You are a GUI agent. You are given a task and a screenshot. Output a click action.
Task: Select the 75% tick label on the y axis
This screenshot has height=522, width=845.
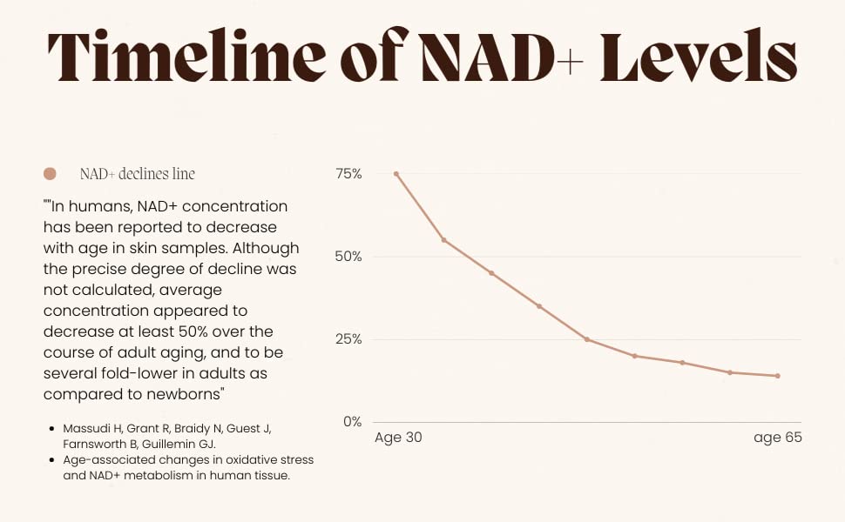click(x=348, y=174)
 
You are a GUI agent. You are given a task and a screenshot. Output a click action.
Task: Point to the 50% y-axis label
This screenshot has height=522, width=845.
click(x=348, y=257)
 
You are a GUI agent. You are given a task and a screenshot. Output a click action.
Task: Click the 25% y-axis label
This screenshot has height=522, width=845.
click(x=348, y=339)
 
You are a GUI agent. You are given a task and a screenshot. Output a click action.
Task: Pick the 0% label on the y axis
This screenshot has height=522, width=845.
click(x=352, y=422)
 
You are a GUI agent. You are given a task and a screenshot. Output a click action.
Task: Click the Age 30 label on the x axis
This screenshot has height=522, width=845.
click(x=398, y=438)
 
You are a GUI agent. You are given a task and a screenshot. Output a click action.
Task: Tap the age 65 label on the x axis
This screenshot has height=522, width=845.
click(x=777, y=438)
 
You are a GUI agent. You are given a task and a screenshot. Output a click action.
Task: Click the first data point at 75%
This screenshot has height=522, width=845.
click(x=396, y=174)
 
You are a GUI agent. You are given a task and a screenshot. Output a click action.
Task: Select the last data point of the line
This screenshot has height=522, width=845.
click(x=777, y=376)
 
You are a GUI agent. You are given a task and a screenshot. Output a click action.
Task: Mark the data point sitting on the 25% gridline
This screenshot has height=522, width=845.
click(x=587, y=339)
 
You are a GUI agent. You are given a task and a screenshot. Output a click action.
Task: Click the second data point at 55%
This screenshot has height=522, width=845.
click(x=444, y=240)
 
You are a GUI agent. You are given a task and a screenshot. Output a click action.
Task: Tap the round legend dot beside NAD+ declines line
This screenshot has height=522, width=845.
click(x=50, y=174)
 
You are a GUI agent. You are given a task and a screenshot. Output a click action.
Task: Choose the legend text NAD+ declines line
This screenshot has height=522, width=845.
click(x=137, y=174)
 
